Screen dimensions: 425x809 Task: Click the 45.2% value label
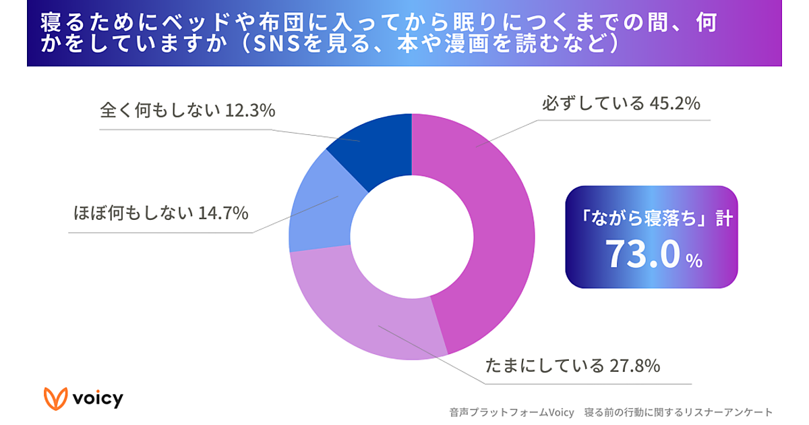[x=675, y=105]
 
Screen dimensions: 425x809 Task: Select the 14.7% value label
[x=223, y=214]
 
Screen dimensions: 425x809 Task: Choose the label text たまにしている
[x=545, y=366]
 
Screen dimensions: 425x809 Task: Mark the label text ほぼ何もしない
[x=133, y=214]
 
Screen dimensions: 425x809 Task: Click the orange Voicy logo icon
[x=56, y=398]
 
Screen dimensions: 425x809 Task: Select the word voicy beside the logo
[x=98, y=398]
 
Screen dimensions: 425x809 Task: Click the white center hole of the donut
[x=411, y=236]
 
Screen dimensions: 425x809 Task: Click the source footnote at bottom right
[x=611, y=412]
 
